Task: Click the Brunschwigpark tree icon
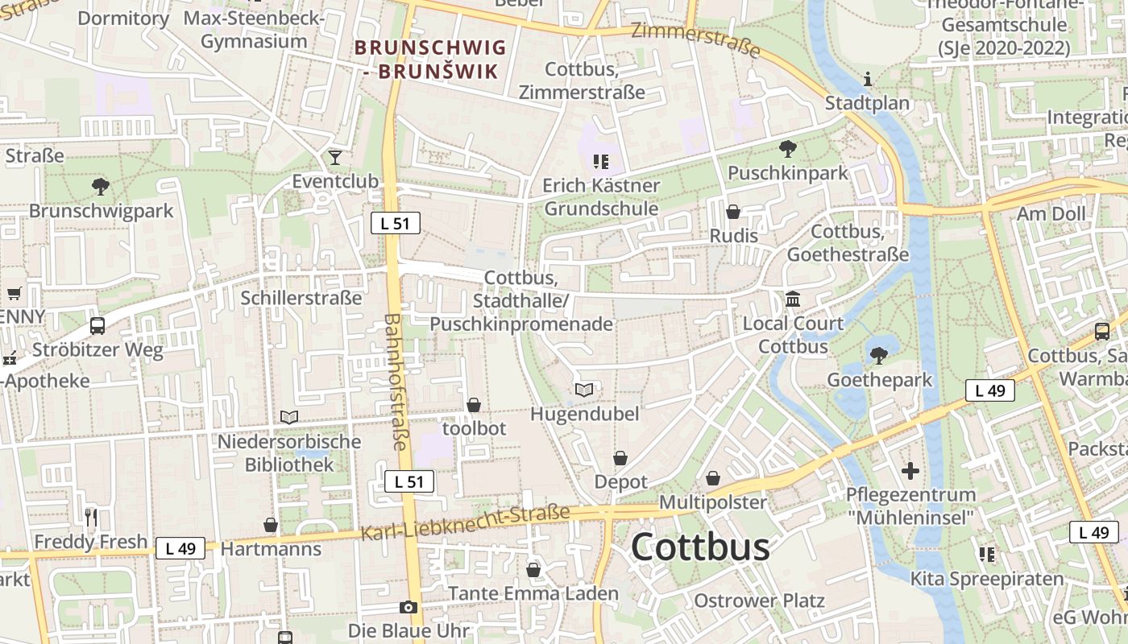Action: (101, 187)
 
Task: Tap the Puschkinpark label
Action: (787, 173)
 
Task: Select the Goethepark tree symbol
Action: (879, 355)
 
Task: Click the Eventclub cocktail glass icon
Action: (335, 157)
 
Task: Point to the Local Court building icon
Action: (793, 299)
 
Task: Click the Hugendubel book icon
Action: (584, 390)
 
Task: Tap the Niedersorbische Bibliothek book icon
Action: (289, 417)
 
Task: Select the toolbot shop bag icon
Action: (474, 404)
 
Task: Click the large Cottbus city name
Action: (699, 547)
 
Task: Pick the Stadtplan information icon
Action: (868, 79)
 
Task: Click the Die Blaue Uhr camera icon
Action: (408, 607)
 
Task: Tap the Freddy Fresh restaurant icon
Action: (91, 517)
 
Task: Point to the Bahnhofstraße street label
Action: (396, 381)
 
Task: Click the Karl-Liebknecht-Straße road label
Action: (465, 523)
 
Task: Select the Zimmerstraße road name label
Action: (695, 39)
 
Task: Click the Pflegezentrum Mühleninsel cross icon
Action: (911, 470)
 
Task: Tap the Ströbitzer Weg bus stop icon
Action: (97, 326)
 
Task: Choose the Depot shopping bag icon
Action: (620, 458)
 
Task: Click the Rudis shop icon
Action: (733, 212)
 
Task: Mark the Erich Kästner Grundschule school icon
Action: (600, 162)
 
